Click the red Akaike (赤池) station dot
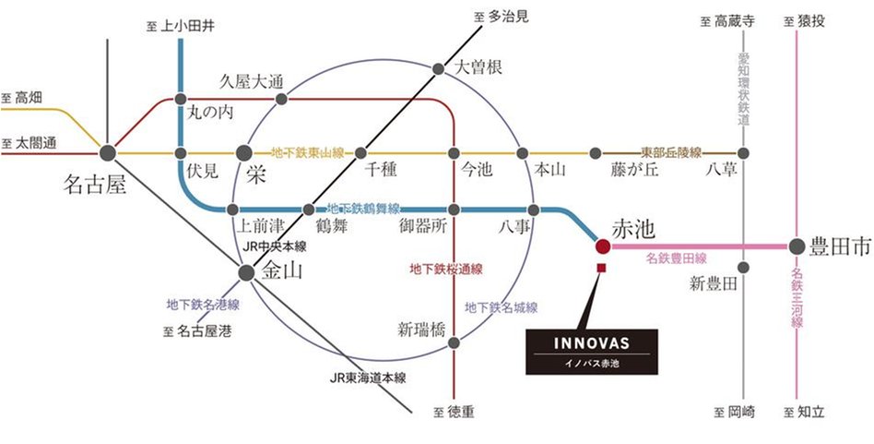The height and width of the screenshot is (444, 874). (602, 246)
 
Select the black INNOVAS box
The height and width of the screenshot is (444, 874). (592, 352)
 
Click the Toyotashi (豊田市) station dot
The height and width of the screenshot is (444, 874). (797, 246)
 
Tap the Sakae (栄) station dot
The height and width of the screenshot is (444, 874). (244, 152)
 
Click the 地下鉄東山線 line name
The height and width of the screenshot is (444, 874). (307, 152)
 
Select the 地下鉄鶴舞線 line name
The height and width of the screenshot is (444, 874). (363, 209)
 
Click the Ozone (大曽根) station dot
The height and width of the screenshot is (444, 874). (439, 68)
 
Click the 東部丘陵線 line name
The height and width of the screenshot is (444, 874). (671, 152)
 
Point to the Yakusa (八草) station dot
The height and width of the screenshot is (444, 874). (743, 152)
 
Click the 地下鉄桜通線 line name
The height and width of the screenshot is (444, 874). (446, 270)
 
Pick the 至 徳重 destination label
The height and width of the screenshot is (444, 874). (455, 413)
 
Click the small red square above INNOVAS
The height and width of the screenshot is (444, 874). (602, 269)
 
